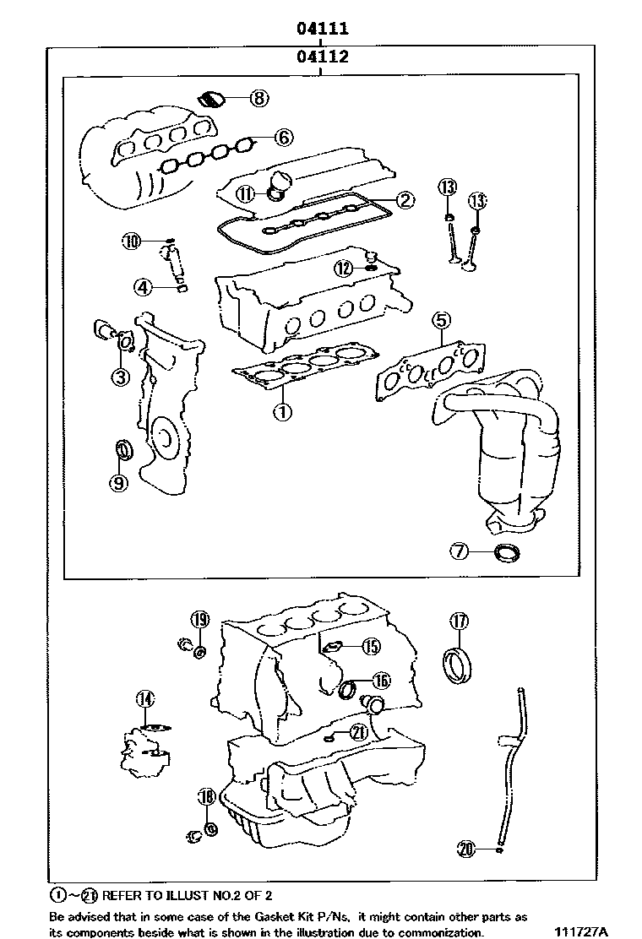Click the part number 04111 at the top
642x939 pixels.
(322, 29)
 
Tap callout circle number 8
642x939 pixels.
(258, 98)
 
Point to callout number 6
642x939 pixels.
(282, 137)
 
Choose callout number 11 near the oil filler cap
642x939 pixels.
(245, 194)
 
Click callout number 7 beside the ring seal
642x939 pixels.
(459, 551)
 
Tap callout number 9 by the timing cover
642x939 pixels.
(117, 482)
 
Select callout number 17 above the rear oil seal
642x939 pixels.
(458, 621)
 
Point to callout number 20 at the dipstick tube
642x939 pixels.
(465, 849)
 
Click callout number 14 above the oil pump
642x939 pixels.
(145, 698)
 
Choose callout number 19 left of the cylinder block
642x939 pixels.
(199, 621)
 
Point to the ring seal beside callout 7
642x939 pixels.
(508, 554)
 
